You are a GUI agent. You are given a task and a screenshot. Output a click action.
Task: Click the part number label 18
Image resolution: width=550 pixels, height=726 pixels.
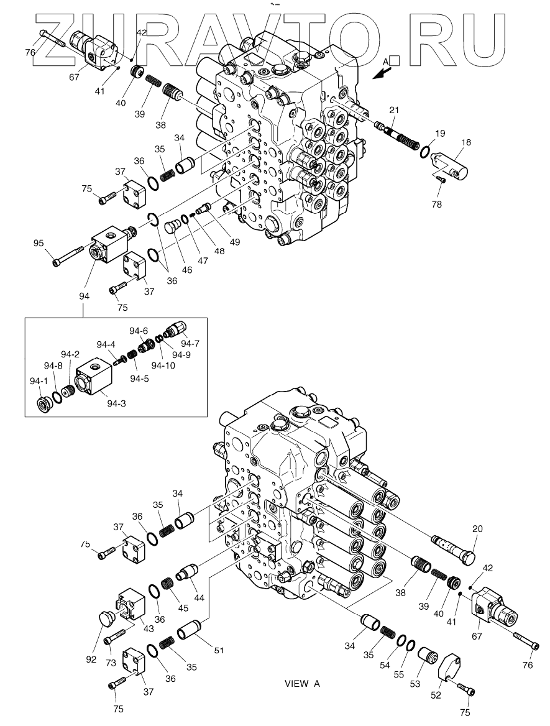[x=465, y=142]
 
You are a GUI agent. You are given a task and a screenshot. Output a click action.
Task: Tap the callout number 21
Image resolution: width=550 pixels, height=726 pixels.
[x=394, y=111]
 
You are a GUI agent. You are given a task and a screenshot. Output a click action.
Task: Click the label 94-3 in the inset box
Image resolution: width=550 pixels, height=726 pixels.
[x=116, y=403]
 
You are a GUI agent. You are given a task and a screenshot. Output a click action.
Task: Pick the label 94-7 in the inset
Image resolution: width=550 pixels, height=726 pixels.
[x=190, y=344]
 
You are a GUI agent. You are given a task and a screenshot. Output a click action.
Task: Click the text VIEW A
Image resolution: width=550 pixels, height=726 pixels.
[x=301, y=684]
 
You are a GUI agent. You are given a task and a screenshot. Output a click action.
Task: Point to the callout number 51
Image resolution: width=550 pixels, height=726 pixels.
[x=218, y=651]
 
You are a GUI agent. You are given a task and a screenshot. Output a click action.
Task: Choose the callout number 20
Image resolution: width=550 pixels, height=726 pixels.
[x=477, y=529]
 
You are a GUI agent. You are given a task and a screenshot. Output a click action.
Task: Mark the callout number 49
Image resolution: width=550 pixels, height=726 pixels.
[x=235, y=241]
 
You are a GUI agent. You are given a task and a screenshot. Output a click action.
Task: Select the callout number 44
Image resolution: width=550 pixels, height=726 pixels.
[x=199, y=598]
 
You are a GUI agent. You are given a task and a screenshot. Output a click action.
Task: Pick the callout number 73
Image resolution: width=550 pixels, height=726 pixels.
[x=111, y=663]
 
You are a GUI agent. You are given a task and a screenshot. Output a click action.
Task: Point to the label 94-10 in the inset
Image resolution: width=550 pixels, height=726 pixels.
[x=162, y=365]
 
